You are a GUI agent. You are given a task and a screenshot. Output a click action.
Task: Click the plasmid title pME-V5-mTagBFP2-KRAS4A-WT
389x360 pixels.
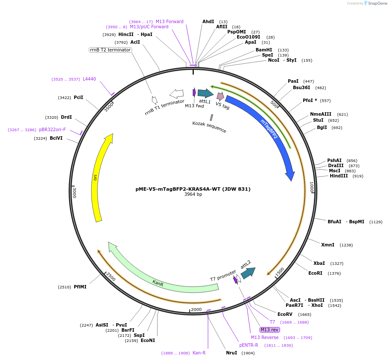point(193,189)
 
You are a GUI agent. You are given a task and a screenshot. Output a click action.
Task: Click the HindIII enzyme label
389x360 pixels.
point(338,176)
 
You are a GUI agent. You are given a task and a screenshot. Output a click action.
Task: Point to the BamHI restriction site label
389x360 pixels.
point(264,50)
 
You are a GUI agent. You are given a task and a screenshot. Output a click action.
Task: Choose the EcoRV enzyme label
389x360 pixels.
point(285,314)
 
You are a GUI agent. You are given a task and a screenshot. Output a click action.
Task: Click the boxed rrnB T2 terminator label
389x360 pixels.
point(110,50)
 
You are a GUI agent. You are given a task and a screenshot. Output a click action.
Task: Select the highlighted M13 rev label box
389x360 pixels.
point(270,330)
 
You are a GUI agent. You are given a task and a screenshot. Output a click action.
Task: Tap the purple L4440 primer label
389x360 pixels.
point(89,79)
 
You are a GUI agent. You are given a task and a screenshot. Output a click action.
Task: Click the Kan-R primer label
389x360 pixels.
point(199,353)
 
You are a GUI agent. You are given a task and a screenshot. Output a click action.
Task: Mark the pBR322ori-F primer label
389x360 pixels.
point(52,129)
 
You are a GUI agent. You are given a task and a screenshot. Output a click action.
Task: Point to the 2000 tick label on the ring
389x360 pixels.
point(196,309)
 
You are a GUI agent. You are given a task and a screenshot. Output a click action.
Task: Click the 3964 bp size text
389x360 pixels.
point(193,195)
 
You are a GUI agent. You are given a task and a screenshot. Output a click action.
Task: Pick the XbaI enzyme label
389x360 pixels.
point(319,263)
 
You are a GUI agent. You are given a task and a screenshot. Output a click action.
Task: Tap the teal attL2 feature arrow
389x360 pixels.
point(248,273)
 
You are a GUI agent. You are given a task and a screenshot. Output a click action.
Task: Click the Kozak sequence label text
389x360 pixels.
point(209,127)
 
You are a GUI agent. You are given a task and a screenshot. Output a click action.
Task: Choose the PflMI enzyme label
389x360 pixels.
point(80,287)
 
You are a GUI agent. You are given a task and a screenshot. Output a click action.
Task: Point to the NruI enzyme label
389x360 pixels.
point(231,353)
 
